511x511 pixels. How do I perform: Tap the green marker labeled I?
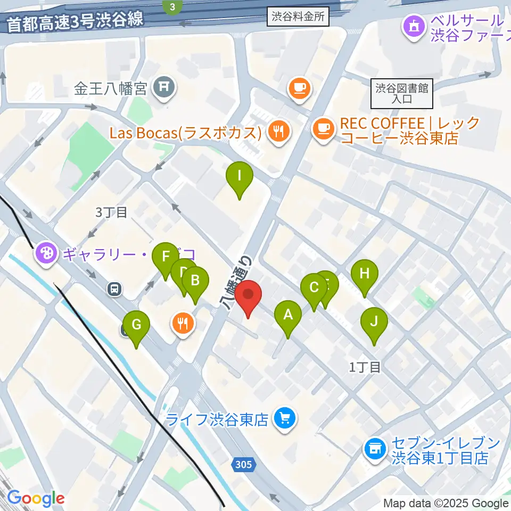pos(239,175)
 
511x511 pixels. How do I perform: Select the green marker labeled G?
pos(136,324)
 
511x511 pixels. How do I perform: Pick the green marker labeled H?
pos(365,274)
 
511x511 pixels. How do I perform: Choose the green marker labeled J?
pos(374,322)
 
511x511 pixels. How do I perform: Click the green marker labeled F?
pos(166,256)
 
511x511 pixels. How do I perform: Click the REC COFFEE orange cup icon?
pos(323,128)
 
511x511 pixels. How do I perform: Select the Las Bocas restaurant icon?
pos(278,132)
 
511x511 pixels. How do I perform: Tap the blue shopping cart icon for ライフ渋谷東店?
pos(285,419)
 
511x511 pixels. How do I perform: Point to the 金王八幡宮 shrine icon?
pos(163,87)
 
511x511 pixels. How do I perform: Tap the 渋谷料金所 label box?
pos(298,17)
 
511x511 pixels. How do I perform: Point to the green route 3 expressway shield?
pos(172,7)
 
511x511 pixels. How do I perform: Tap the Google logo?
pos(36,498)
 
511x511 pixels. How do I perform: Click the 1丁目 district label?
pos(365,366)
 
